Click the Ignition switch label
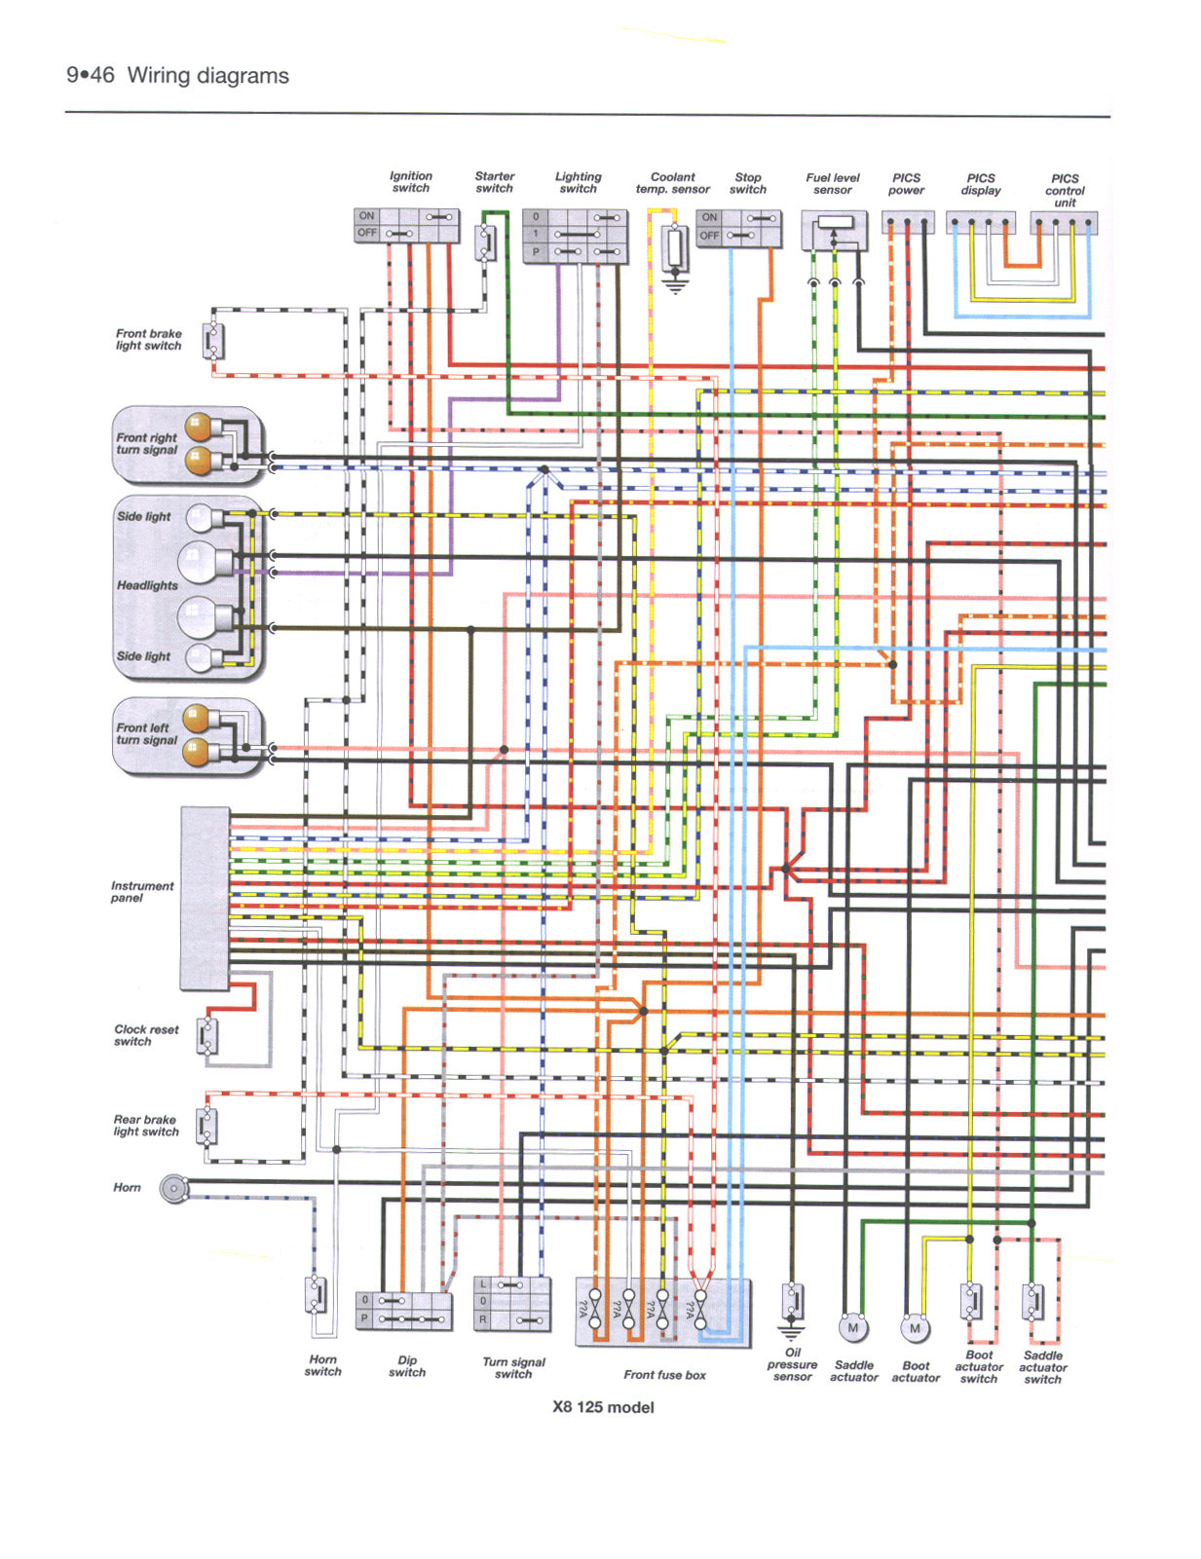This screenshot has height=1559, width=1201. coord(410,182)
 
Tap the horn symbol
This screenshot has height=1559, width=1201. coord(174,1189)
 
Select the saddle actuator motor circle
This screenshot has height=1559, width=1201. coord(852,1327)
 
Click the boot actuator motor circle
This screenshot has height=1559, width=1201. coord(914,1328)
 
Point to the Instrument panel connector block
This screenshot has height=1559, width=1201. coord(205,898)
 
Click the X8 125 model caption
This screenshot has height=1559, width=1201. coord(603,1407)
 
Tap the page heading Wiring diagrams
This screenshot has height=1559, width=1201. coord(207,76)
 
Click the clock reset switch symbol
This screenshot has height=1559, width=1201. coord(206,1036)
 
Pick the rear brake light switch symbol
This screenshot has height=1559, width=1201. coord(206,1127)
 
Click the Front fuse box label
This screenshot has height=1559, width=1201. coord(664,1375)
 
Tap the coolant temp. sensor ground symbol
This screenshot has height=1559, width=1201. coord(674,284)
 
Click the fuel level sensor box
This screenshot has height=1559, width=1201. coord(834,231)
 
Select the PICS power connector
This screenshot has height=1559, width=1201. coord(907,223)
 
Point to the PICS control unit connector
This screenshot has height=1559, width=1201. coord(1064,223)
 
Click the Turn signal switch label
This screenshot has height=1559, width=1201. coord(513,1368)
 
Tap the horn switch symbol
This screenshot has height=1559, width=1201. coord(317,1296)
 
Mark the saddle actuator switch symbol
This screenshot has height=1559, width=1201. coord(1032,1301)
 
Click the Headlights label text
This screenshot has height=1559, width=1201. coord(147,585)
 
